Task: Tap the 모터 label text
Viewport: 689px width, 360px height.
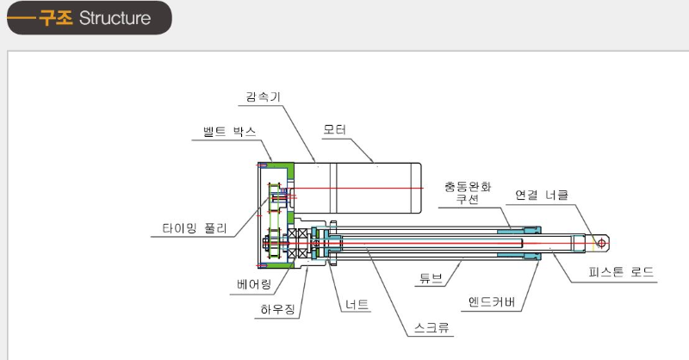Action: tap(334, 130)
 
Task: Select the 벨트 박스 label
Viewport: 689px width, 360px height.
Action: tap(227, 133)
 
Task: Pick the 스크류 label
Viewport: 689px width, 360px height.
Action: tap(431, 327)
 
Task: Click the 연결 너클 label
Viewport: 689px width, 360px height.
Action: tap(542, 195)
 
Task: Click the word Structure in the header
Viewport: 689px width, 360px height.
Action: tap(115, 18)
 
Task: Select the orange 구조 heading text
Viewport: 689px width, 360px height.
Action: tap(56, 18)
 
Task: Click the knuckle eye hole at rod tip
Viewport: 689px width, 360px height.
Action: tap(602, 244)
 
